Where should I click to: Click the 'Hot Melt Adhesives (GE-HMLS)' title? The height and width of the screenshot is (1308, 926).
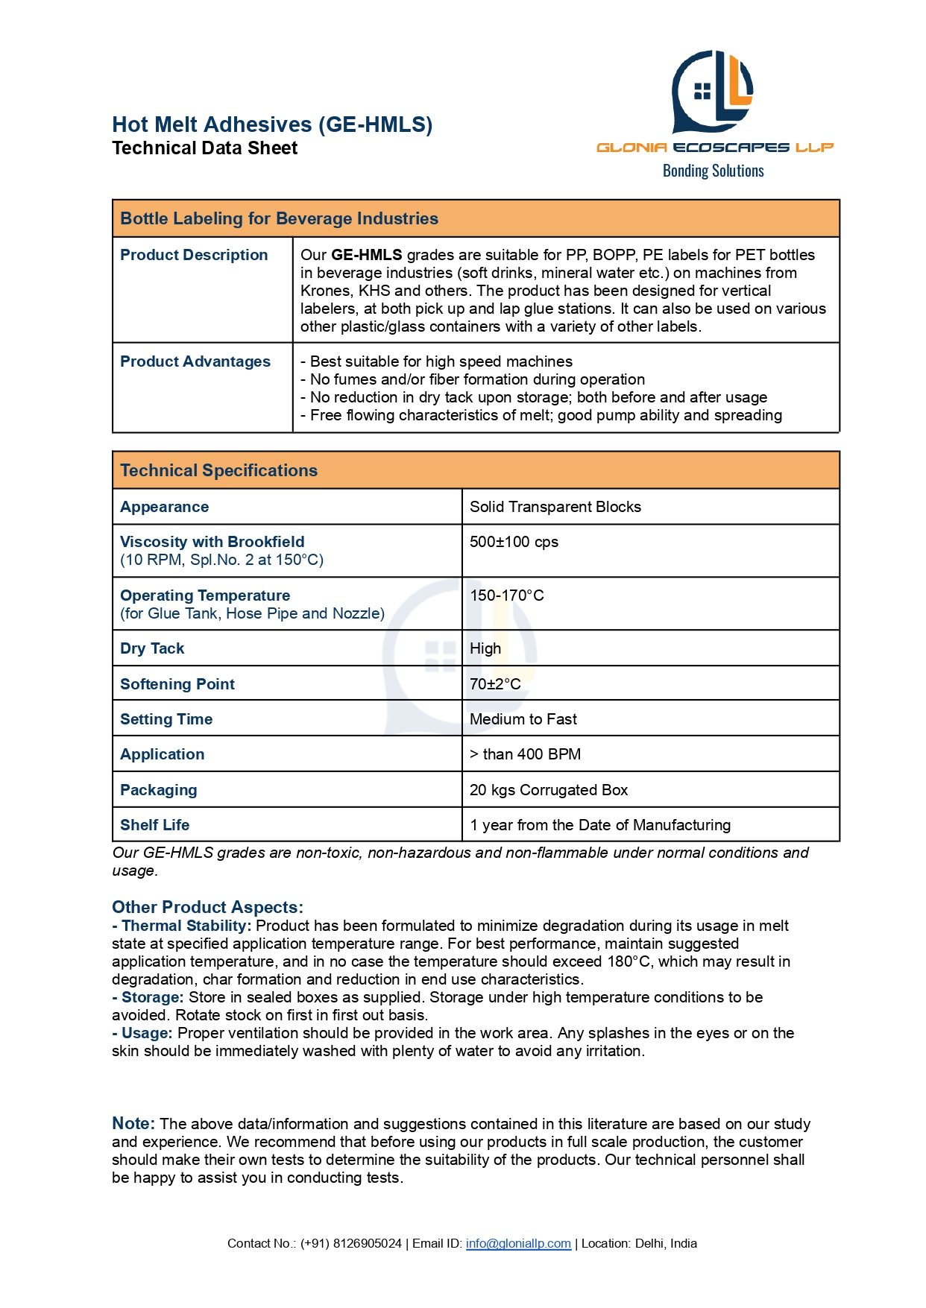[x=272, y=124]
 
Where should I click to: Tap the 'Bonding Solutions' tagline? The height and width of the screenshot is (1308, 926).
[x=713, y=171]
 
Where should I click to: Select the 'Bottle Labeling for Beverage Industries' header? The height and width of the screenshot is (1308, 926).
[x=279, y=218]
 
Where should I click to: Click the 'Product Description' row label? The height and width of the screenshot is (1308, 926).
[x=194, y=255]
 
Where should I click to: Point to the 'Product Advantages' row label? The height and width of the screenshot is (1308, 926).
[x=195, y=361]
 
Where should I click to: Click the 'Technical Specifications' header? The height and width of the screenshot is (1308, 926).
[x=218, y=470]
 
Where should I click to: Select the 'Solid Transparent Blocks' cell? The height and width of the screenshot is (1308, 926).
[x=555, y=507]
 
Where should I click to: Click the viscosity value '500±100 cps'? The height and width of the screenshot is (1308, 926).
[x=514, y=542]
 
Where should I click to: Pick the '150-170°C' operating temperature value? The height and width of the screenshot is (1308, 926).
[x=506, y=595]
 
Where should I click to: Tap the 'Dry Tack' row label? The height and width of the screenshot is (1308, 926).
[x=152, y=648]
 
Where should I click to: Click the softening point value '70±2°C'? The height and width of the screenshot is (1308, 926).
[x=495, y=684]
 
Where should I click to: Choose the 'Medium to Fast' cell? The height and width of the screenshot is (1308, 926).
[x=523, y=719]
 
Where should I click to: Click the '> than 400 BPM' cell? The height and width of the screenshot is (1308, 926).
[x=525, y=754]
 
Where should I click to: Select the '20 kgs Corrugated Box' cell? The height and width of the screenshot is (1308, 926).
[x=548, y=790]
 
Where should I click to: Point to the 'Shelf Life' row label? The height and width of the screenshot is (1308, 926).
[x=154, y=825]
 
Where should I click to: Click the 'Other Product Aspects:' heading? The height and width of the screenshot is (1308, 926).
[x=207, y=907]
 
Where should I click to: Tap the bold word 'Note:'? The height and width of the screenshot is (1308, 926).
[x=133, y=1123]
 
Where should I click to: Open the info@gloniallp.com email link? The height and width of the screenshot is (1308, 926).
[x=518, y=1243]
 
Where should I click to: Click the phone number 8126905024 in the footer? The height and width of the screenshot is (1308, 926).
[x=367, y=1243]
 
